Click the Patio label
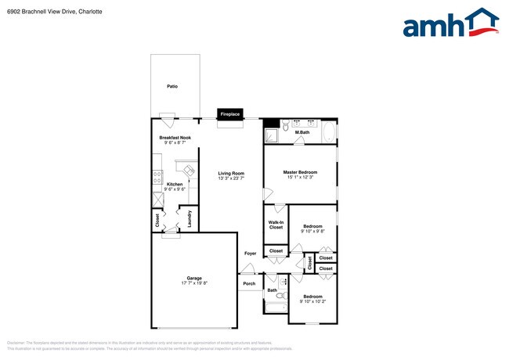(x=171, y=86)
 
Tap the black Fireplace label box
(x=229, y=113)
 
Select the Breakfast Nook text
(x=175, y=137)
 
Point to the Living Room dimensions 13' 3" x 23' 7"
(x=231, y=178)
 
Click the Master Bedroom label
(x=300, y=171)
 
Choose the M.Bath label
(x=302, y=132)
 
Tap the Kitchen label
(x=175, y=184)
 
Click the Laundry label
(x=190, y=219)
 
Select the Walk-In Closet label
(x=276, y=225)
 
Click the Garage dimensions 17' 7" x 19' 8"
(x=194, y=283)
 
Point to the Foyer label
(x=250, y=254)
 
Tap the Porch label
(x=249, y=283)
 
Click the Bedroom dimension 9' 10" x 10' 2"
(x=312, y=301)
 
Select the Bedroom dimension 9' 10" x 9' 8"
(x=312, y=231)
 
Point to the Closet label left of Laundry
(x=158, y=221)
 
